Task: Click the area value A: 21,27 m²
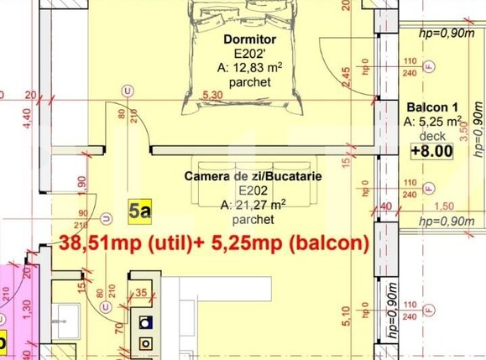(x=253, y=205)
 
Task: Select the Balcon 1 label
(x=431, y=108)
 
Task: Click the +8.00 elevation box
(x=431, y=152)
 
